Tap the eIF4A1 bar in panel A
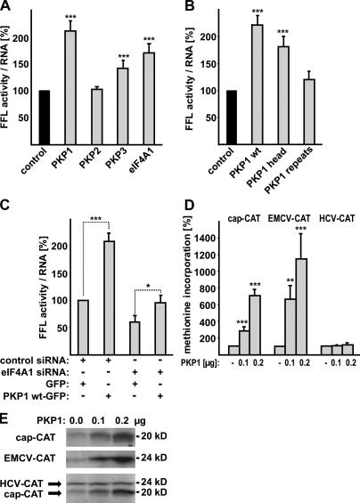click(x=151, y=97)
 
